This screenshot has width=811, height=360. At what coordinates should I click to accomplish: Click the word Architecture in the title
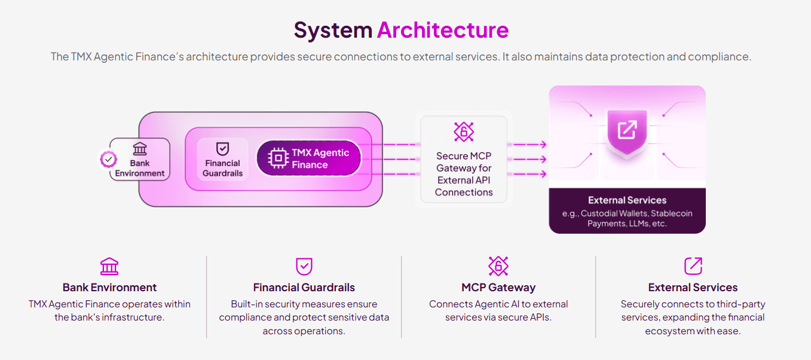coord(442,30)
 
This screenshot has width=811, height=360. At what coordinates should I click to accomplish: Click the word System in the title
coord(332,30)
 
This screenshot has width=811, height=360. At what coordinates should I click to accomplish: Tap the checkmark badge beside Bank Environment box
coord(108,159)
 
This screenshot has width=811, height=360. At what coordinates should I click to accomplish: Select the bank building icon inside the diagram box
coord(140,149)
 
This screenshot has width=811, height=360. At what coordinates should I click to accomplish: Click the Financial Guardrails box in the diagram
coord(222,160)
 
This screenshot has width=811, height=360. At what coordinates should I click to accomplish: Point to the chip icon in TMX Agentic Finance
coord(278,158)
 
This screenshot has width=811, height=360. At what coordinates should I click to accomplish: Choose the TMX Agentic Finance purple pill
coord(309,158)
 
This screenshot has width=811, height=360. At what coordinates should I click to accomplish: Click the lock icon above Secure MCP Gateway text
coord(464,132)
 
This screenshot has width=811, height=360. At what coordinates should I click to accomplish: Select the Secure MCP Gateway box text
coord(464,174)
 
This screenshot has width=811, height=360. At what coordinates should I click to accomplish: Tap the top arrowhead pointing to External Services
coord(543,145)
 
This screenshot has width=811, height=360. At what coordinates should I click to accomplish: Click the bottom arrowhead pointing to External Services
coord(543,174)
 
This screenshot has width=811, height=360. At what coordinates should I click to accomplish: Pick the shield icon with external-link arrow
coord(627,130)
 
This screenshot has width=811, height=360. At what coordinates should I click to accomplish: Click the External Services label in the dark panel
coord(627,200)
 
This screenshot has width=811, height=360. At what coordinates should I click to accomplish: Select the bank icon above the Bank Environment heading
coord(109,267)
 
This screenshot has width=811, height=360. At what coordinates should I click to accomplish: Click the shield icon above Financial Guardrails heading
coord(304,267)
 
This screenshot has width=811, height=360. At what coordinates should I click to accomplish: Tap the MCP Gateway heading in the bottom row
coord(498,288)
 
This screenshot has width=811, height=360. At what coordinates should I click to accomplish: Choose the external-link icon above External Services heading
coord(693,266)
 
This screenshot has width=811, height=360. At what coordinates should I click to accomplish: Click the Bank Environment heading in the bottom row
coord(109,288)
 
